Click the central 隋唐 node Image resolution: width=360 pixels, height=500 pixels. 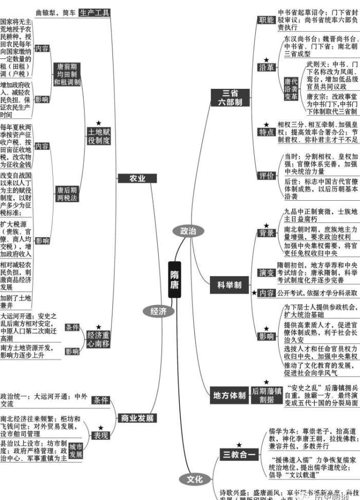click(x=175, y=279)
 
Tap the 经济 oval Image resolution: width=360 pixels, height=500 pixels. click(x=158, y=311)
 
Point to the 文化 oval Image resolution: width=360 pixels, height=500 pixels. click(x=195, y=479)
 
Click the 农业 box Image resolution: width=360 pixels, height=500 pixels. click(x=137, y=178)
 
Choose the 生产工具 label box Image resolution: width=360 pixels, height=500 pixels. click(x=94, y=12)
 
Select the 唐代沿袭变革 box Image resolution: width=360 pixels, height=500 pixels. click(x=291, y=89)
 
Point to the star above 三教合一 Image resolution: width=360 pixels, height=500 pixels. click(x=239, y=444)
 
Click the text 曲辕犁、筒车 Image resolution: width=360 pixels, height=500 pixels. click(x=55, y=12)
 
